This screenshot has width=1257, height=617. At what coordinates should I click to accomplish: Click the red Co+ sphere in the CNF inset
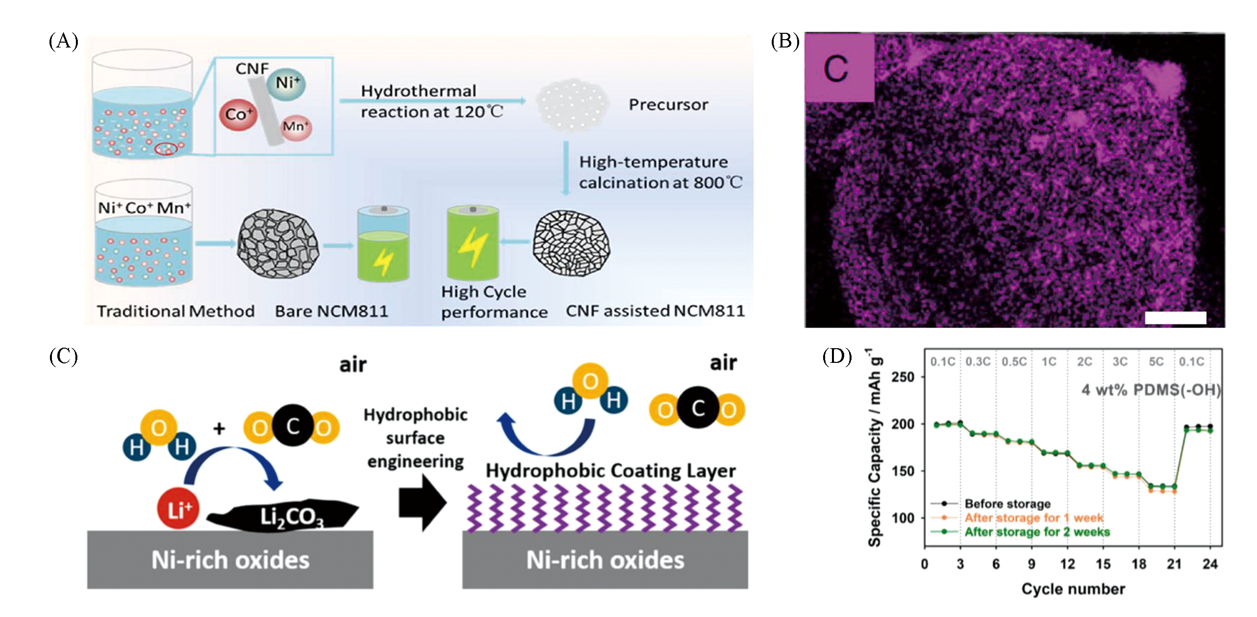point(238,115)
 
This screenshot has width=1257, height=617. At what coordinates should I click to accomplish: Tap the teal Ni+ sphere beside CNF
point(286,83)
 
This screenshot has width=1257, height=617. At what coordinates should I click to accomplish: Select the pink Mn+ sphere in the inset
point(296,127)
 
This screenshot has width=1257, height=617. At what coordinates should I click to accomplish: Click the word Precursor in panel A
point(668,105)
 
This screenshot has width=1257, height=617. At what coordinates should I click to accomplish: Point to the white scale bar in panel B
point(1175,318)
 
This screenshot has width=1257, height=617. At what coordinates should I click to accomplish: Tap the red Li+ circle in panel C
point(178,509)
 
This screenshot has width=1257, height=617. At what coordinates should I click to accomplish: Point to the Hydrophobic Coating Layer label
point(610,471)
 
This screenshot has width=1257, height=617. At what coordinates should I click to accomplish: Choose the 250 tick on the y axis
point(902,377)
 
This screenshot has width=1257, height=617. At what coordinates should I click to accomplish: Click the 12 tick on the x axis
point(1067,564)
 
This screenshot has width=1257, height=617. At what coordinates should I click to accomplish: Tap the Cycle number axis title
point(1073,589)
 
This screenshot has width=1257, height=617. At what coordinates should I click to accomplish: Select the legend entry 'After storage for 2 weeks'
point(1037,532)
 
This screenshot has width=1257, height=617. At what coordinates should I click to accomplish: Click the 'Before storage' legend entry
point(1007,503)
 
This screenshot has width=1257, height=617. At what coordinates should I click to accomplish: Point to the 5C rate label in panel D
point(1156,362)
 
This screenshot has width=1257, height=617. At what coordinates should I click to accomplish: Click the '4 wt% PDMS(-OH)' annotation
point(1151,390)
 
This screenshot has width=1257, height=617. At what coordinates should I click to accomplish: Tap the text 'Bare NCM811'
point(332,311)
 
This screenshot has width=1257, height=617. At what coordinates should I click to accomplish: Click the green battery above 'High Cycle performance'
point(473,243)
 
